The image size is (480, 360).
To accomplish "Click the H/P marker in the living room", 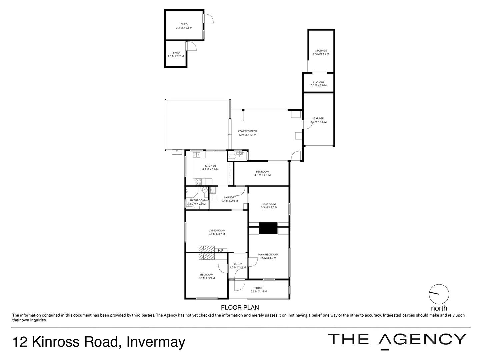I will (220, 251).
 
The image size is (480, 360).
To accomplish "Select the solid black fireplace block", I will (268, 228).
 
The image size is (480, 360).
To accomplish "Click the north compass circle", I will (439, 294).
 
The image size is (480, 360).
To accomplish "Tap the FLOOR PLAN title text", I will (240, 308).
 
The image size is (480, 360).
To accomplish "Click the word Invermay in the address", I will (156, 342).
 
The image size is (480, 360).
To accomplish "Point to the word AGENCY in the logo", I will (423, 339).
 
